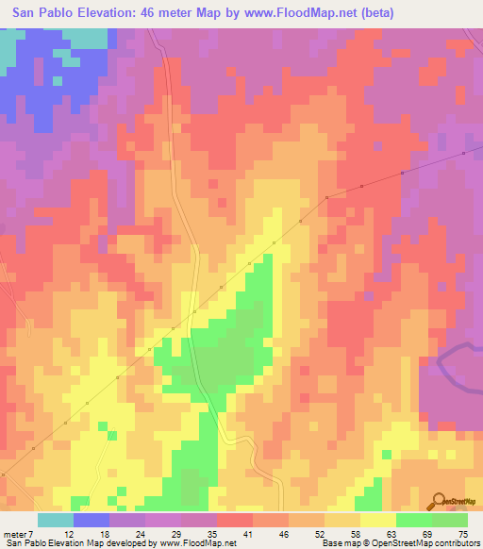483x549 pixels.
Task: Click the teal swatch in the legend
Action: (56, 520)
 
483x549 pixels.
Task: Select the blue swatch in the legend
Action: (92, 520)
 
